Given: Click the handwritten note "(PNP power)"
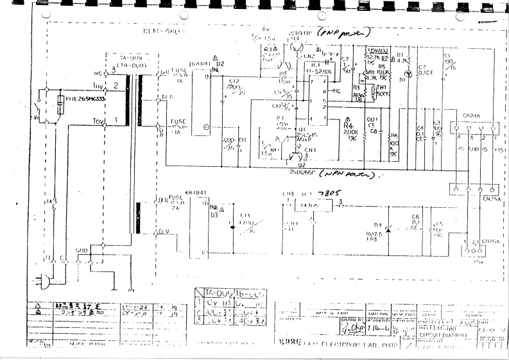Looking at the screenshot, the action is coord(347,31).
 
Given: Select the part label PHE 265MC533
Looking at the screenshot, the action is coord(86,98).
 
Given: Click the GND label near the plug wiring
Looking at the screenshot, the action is coord(82,250).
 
